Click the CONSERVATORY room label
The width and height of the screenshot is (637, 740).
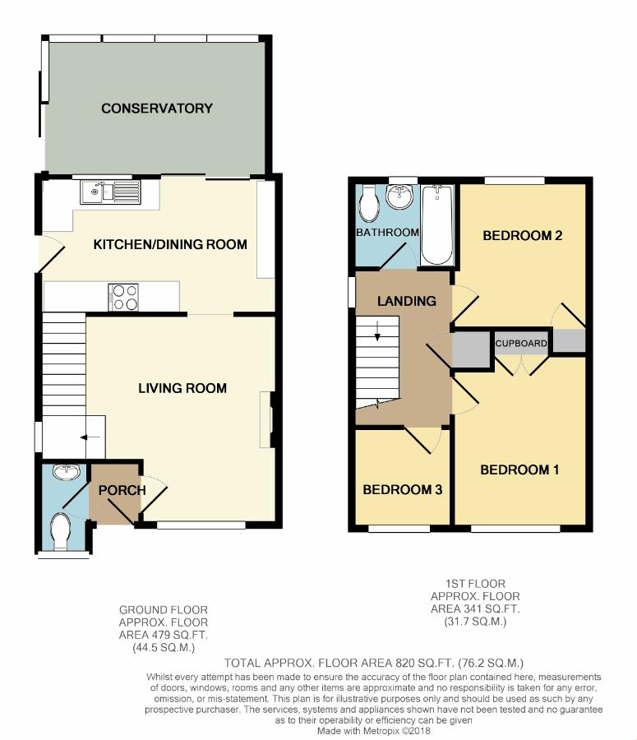157,108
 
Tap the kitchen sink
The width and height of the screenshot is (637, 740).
111,192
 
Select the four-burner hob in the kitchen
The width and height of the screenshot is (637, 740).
123,298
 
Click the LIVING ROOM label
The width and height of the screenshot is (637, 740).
182,388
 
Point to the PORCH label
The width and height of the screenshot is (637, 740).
122,490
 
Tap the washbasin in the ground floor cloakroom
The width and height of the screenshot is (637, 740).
67,472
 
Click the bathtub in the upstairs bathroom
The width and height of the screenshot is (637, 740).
437,224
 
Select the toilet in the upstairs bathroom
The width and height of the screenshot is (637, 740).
369,203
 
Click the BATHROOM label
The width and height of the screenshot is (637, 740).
387,232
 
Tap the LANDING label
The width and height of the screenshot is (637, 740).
406,301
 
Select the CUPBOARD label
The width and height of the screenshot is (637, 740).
521,344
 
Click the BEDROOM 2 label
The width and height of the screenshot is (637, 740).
523,235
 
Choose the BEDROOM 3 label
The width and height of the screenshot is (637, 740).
402,489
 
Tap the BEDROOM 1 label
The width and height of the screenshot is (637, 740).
519,469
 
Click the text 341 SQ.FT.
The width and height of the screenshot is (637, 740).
492,608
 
